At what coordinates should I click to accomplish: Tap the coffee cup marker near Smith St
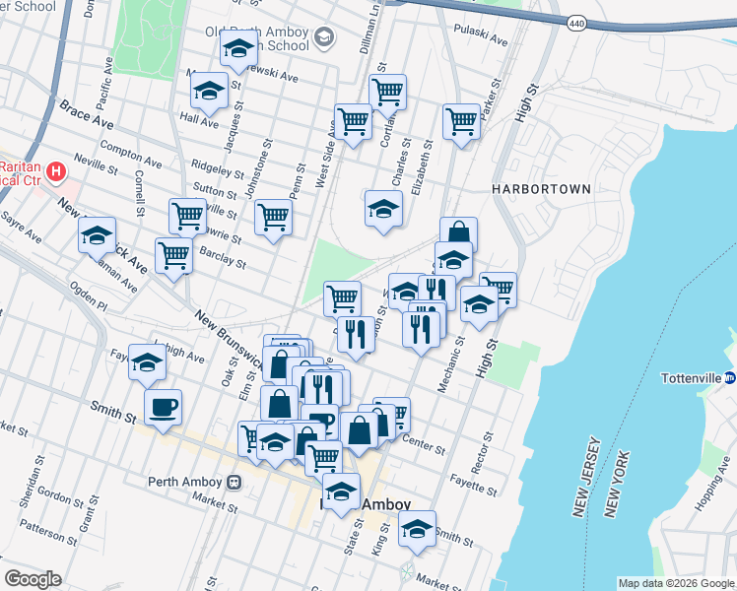point(163,407)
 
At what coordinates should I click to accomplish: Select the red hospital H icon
point(56,173)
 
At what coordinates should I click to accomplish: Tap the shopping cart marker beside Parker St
point(460,122)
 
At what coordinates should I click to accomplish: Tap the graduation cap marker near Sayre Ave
point(98,235)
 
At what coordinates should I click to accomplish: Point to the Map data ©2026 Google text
point(675,583)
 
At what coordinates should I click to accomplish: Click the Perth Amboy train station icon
point(234,482)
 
